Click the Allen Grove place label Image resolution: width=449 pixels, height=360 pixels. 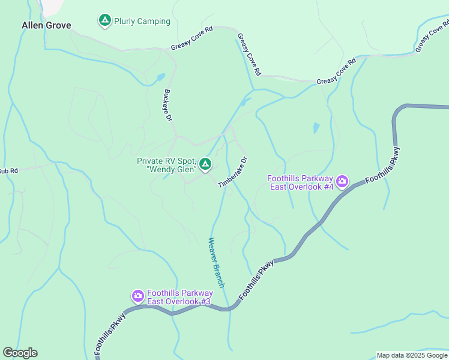[x=46, y=25]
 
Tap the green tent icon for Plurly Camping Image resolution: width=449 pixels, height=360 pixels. [x=105, y=21]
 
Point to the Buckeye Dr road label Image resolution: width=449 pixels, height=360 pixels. [x=168, y=106]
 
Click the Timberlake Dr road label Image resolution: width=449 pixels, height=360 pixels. [x=233, y=173]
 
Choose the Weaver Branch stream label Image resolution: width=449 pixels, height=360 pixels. [x=216, y=263]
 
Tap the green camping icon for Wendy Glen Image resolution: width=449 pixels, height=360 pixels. [x=205, y=164]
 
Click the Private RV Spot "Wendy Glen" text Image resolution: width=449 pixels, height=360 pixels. [x=166, y=164]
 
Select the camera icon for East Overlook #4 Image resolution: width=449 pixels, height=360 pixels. [x=342, y=181]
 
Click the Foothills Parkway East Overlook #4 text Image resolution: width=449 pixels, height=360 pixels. [x=300, y=182]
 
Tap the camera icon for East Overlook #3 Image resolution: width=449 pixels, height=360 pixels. [x=137, y=295]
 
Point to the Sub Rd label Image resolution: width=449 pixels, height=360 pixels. [x=8, y=171]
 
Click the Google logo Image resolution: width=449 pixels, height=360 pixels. [x=20, y=353]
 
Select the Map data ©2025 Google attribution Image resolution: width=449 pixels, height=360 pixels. [x=412, y=355]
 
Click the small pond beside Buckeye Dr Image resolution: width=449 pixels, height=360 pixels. [x=160, y=77]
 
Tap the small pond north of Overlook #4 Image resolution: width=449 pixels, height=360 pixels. [x=316, y=128]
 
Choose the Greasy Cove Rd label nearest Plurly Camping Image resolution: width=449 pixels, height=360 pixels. [x=192, y=38]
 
